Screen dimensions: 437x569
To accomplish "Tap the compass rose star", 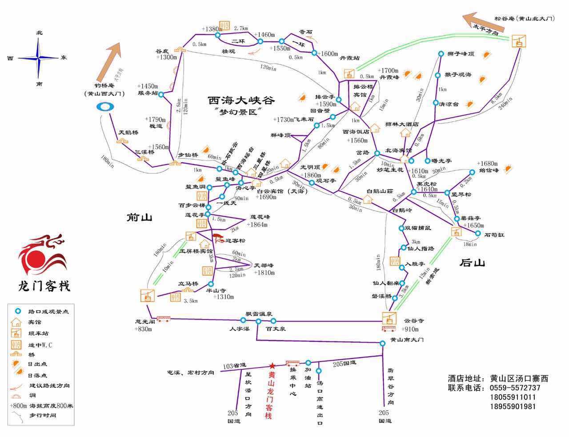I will click(x=39, y=58).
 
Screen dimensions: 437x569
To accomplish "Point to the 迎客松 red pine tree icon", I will click(x=218, y=238).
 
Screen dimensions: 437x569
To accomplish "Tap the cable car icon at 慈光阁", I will click(x=148, y=295).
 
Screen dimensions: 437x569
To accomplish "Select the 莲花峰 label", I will click(x=260, y=217).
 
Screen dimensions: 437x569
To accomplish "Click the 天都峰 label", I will click(x=264, y=265).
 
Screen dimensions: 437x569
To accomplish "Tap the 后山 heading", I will click(x=472, y=263).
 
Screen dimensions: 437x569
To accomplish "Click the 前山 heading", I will click(x=139, y=217).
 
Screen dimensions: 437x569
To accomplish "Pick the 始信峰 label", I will click(x=489, y=170).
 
